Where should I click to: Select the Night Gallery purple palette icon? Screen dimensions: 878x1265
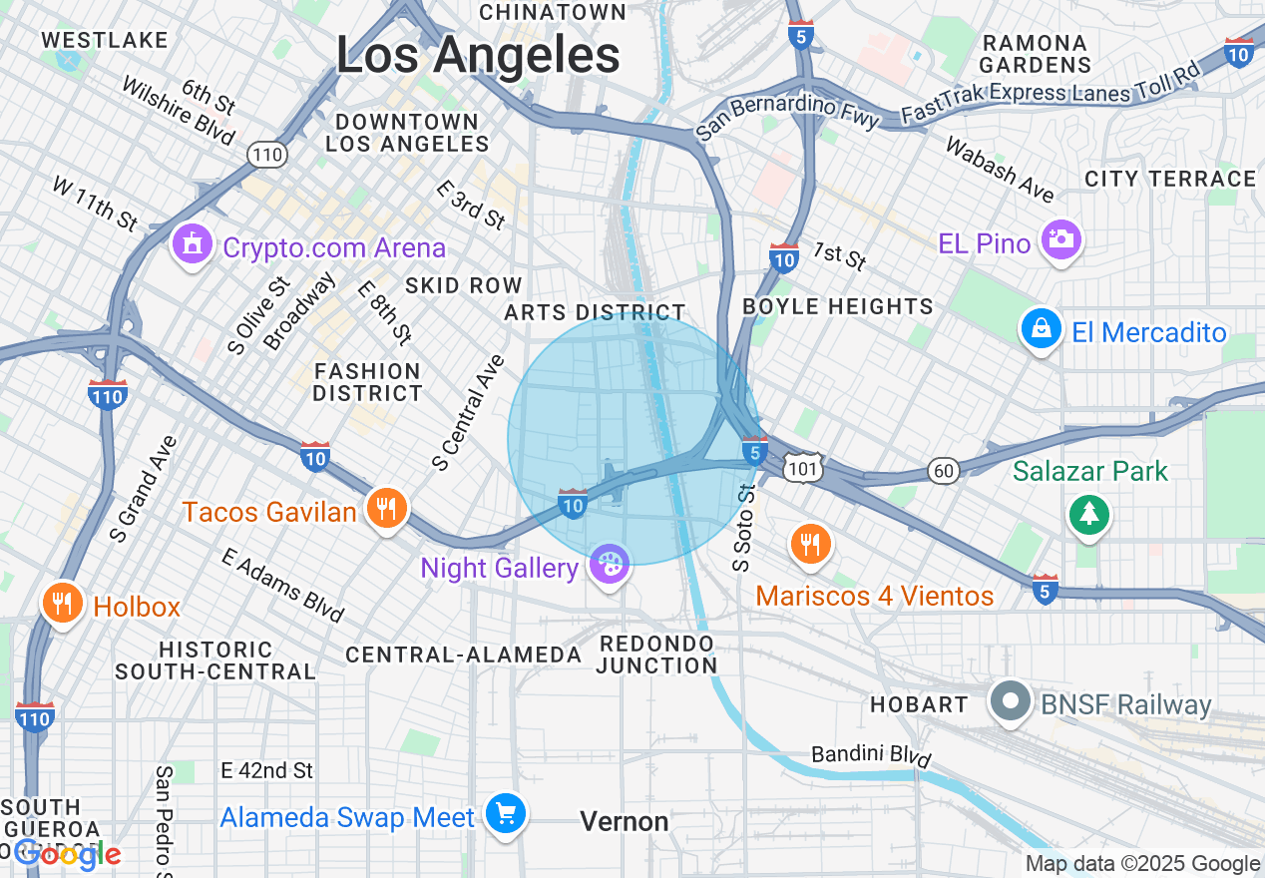click(610, 565)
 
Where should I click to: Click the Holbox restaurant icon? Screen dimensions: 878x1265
click(62, 604)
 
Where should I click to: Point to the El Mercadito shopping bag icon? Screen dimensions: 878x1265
click(1042, 329)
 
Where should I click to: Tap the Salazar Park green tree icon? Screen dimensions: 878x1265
click(1088, 515)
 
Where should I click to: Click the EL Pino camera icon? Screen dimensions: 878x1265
click(1060, 239)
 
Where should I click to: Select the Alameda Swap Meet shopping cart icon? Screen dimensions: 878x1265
click(506, 815)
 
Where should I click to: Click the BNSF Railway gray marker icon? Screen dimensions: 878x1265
click(1011, 702)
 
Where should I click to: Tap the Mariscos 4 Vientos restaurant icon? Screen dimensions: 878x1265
click(810, 545)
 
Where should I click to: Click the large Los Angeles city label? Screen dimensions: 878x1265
click(478, 55)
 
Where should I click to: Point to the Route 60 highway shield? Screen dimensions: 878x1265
click(944, 470)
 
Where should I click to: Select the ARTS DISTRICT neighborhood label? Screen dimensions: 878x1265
click(595, 312)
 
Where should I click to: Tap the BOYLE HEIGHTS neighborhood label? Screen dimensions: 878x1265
click(838, 306)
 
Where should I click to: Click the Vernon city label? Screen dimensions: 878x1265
click(625, 821)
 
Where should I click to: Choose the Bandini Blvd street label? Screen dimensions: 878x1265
click(870, 756)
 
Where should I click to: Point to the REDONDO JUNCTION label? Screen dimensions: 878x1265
click(657, 654)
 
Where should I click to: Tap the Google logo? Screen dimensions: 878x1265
click(67, 854)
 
